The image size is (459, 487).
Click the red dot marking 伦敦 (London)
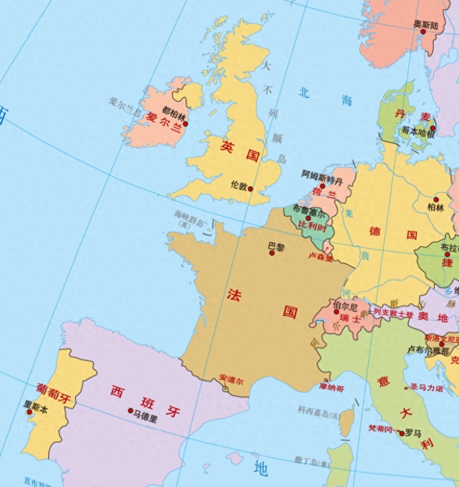click(x=250, y=189)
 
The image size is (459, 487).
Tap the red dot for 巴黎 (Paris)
click(x=272, y=252)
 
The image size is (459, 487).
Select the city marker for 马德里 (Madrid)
click(x=130, y=411)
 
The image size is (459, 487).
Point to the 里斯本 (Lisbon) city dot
click(x=29, y=412)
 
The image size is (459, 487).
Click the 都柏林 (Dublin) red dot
click(x=185, y=124)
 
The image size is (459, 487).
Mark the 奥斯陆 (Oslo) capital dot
click(x=423, y=31)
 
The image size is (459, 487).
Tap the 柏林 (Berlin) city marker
click(x=436, y=199)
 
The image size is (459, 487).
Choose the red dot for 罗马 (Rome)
click(x=402, y=433)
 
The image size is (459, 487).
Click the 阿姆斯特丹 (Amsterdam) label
click(x=322, y=175)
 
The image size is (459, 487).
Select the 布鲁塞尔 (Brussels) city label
click(x=309, y=209)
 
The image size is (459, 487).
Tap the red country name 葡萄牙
click(x=54, y=393)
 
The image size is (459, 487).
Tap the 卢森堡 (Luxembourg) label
click(x=320, y=257)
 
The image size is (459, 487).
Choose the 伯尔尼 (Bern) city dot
click(x=336, y=312)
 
